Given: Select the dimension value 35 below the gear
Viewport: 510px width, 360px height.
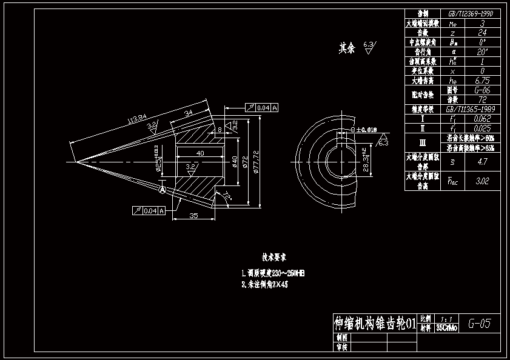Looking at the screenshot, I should [193, 215].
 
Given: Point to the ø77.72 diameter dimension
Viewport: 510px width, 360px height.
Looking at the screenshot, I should [257, 161].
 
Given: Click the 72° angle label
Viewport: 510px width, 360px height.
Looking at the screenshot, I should [227, 196].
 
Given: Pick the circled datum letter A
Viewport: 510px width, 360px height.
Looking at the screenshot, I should [163, 190].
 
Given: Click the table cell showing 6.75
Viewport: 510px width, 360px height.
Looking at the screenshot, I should [482, 80].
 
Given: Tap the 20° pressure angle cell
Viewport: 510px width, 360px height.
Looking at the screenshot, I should [482, 52].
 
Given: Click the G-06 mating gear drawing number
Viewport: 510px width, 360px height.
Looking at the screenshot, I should [482, 90].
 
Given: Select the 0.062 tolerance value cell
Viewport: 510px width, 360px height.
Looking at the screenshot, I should [482, 119].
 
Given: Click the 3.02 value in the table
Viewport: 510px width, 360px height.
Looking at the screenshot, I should [482, 181].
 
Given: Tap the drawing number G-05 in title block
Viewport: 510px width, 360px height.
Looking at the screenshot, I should [479, 324].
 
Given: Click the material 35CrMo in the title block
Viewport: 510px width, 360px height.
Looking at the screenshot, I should [447, 328].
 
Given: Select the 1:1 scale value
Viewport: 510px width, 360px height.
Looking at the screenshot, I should [447, 318].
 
